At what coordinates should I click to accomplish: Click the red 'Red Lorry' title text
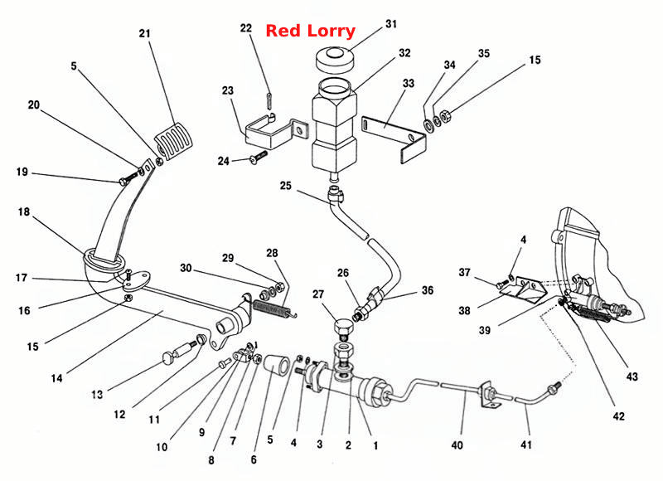pos(310,31)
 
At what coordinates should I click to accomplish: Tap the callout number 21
pos(144,33)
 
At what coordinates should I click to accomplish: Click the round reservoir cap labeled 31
pos(335,61)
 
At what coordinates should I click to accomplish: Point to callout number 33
pos(409,83)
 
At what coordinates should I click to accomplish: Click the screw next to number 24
pos(259,157)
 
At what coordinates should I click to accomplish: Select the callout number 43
pos(632,376)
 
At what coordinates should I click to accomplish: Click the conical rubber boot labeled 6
pos(277,366)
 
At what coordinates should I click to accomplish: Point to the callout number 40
pos(457,445)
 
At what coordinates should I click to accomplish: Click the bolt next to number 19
pos(130,177)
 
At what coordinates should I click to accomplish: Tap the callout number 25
pos(286,186)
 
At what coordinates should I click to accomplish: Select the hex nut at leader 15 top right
pos(445,114)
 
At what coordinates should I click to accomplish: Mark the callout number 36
pos(428,290)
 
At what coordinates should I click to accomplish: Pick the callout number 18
pos(24,212)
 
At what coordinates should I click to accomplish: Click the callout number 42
pos(618,416)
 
